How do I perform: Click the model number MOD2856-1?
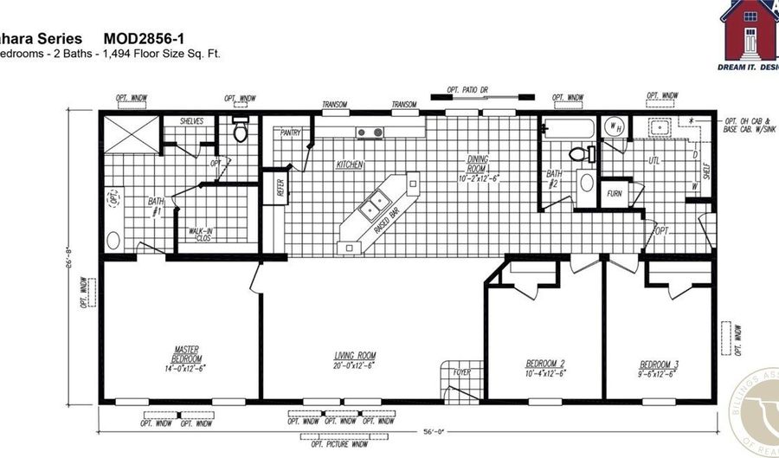[x=143, y=39]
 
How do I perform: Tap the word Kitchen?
[x=350, y=164]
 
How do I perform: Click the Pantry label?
[x=290, y=133]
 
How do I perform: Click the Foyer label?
[x=462, y=373]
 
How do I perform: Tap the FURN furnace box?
[x=615, y=193]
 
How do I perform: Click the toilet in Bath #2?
[x=583, y=154]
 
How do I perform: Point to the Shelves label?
[x=191, y=121]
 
